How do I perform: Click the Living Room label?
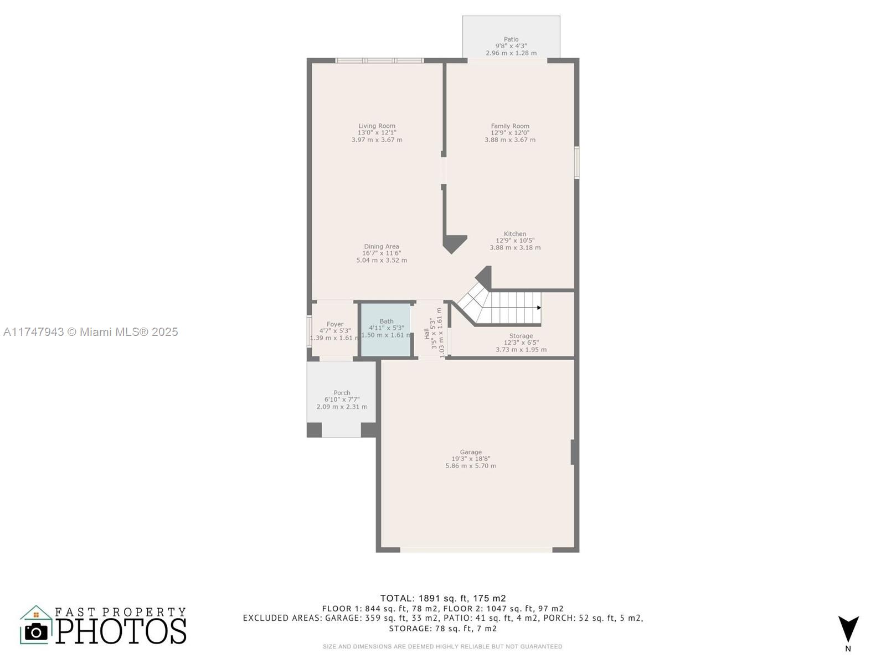coord(377,126)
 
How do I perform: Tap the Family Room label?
coord(510,126)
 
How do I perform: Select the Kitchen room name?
coord(514,234)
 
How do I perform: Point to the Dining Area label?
coord(382,246)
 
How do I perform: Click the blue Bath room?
coord(385,330)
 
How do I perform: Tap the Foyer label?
coord(335,324)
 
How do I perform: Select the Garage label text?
coord(471,452)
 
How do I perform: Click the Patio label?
coord(511,39)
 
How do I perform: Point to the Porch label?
coord(342,393)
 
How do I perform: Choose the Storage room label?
coord(521,336)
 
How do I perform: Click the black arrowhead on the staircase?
coord(539,308)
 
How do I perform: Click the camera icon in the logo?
coord(37,631)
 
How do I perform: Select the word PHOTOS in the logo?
coord(121,631)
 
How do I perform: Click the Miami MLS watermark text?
coord(90,332)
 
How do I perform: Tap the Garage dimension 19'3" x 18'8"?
coord(471,459)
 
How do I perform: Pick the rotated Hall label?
coord(426,334)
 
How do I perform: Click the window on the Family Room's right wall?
coord(577,163)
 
